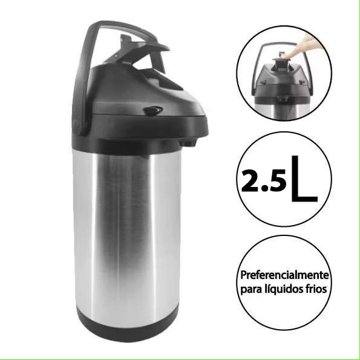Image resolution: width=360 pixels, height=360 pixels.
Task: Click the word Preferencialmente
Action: point(284,275)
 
